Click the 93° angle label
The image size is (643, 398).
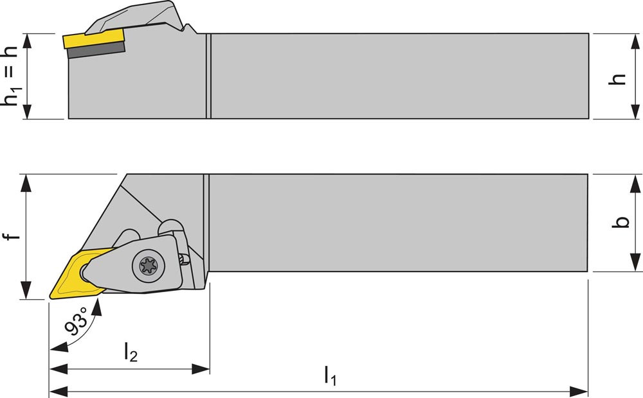tap(76, 325)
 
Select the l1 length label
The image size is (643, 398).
tap(330, 376)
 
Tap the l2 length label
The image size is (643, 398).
tap(131, 352)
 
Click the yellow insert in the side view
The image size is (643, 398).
tap(93, 39)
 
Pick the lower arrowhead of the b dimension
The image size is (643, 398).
tap(635, 263)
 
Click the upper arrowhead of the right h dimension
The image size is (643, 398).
tap(635, 41)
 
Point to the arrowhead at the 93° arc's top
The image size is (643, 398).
tap(97, 306)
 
